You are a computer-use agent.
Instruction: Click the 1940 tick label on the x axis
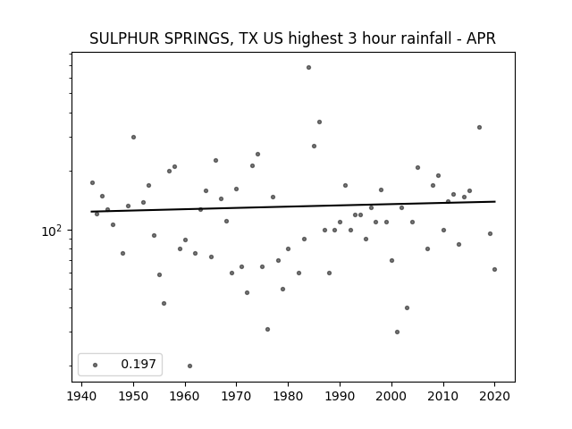coord(81,396)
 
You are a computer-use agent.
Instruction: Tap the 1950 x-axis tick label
coord(133,396)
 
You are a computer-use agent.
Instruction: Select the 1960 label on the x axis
coord(185,396)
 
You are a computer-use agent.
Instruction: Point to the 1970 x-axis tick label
coord(236,396)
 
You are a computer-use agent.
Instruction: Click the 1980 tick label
coord(288,396)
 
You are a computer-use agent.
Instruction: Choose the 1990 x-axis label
coord(340,396)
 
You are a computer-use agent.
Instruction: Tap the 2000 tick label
coord(391,396)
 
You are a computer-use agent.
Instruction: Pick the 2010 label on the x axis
coord(443,396)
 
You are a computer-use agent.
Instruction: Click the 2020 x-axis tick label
coord(494,396)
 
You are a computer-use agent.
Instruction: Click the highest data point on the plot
coord(308,68)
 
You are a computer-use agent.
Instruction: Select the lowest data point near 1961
coord(189,366)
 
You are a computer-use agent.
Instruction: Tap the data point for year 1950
coord(133,137)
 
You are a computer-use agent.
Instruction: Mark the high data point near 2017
coord(479,127)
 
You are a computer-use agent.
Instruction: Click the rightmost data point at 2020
coord(494,270)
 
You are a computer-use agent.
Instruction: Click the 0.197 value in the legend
coord(139,364)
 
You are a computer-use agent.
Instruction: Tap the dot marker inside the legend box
coord(96,365)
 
